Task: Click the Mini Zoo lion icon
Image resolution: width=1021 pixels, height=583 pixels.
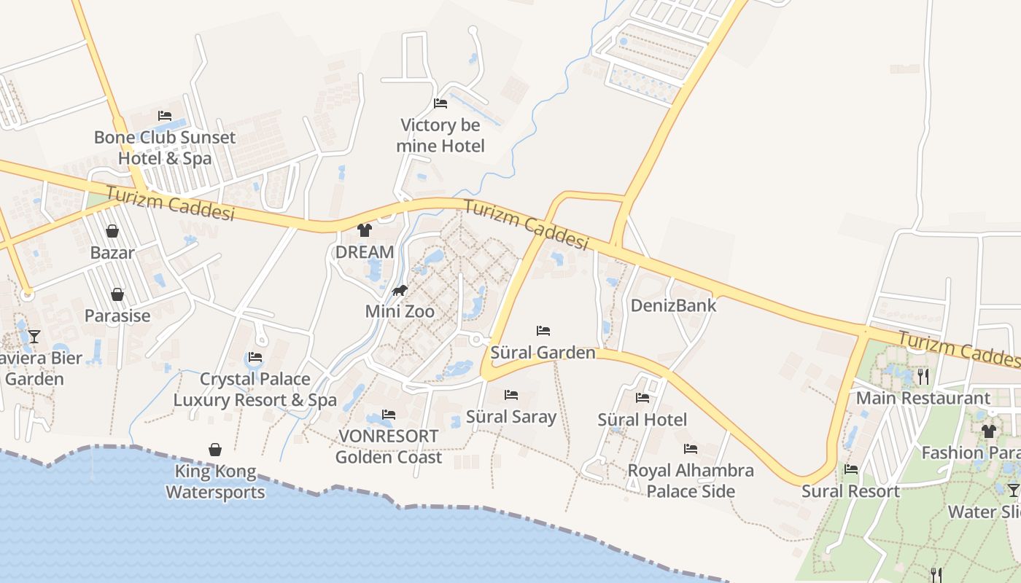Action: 399,291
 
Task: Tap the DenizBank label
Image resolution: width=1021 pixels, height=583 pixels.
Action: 673,305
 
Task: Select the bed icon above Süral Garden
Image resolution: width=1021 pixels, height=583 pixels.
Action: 543,331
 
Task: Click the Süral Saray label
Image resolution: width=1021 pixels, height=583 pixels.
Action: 510,417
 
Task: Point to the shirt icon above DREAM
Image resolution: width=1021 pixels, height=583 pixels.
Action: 365,230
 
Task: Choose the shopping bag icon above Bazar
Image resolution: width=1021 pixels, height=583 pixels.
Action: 112,231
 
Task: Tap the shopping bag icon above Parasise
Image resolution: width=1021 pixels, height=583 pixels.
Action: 117,294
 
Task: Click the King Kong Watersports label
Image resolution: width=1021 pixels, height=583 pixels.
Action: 215,482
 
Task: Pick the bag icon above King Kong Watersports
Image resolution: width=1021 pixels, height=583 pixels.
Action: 215,450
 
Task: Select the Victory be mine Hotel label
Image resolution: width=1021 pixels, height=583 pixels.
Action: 440,136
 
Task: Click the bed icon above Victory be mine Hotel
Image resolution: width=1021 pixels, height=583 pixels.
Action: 440,103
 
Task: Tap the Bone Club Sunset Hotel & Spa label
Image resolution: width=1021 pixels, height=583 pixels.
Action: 165,148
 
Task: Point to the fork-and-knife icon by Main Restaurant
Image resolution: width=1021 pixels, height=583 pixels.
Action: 923,376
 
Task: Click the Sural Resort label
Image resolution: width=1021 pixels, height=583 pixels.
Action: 850,491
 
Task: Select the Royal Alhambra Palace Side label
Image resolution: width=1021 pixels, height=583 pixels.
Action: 691,481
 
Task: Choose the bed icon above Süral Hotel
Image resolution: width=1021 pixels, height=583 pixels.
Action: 642,398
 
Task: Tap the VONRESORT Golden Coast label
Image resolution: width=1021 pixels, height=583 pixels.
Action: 388,447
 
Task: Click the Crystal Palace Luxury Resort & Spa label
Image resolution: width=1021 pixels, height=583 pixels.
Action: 255,389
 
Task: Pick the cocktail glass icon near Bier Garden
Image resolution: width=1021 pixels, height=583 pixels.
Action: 34,336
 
